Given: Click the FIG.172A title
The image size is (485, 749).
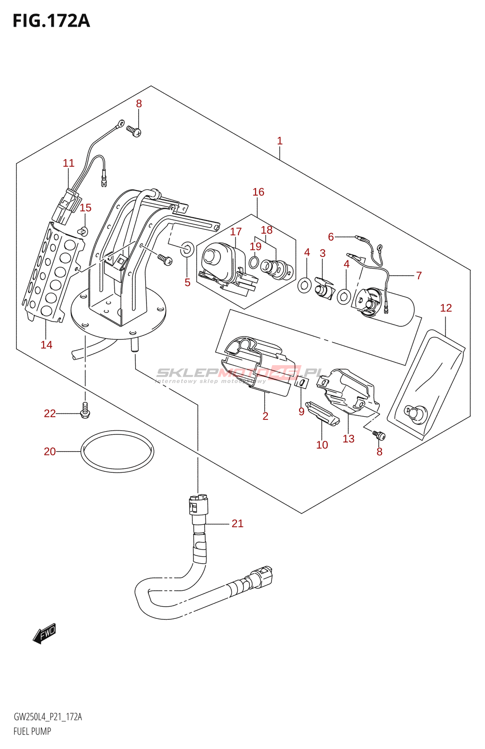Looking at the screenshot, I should tap(51, 21).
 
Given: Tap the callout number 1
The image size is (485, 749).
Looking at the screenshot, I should tap(279, 140).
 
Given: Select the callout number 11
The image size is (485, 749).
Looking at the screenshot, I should tap(68, 163).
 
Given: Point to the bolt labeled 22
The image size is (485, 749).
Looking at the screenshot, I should tap(85, 411).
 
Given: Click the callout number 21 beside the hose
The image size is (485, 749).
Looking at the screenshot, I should tap(237, 523).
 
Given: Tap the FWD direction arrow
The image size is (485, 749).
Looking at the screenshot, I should tap(44, 634).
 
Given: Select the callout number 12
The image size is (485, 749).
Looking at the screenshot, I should tap(446, 308).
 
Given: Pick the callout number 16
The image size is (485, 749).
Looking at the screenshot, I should tap(258, 192).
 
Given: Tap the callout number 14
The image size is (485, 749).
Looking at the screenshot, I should tap(46, 345).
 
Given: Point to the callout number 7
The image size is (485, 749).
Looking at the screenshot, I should tap(419, 275).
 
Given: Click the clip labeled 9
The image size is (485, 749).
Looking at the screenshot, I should tap(302, 384).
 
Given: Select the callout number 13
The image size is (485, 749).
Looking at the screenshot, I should tap(348, 439).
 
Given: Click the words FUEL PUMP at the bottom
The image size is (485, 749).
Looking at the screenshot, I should tap(32, 731).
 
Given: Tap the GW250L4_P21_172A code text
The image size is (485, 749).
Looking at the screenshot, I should tap(48, 717).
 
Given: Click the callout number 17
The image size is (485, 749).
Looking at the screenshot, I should tap(236, 232).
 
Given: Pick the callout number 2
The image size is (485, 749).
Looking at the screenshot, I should tap(265, 416).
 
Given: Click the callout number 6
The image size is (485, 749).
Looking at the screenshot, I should tap(331, 237).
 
